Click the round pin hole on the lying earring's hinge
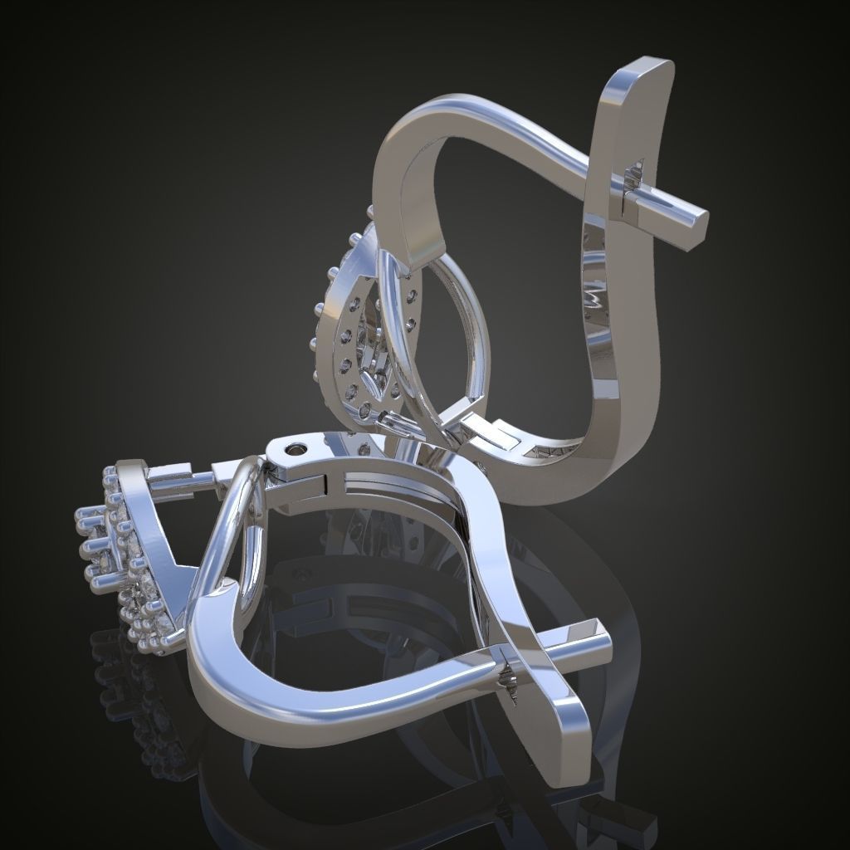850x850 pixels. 295,450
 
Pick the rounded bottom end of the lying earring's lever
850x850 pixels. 573,768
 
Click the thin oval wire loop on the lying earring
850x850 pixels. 241,531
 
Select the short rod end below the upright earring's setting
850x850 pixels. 390,423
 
